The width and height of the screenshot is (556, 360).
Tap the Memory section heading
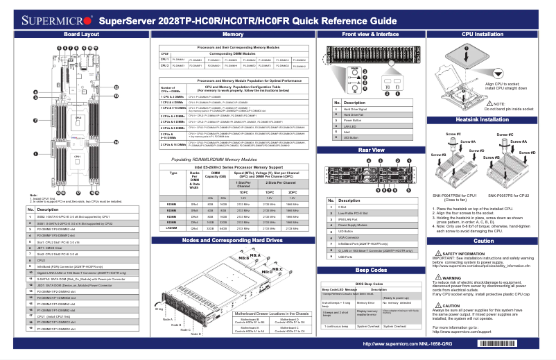(232, 34)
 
